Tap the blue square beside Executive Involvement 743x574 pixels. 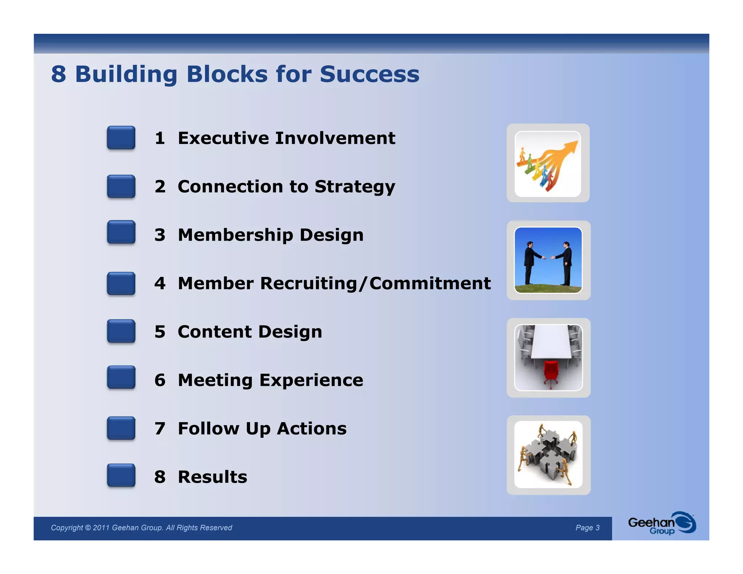pos(121,138)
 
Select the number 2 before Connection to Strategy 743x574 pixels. pos(160,186)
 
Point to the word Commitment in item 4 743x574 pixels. pos(430,283)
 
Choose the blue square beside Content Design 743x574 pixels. pos(121,331)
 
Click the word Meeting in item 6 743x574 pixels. pos(215,380)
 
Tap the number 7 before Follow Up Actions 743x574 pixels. pos(160,429)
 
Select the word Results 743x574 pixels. pos(212,477)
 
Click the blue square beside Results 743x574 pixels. pos(121,475)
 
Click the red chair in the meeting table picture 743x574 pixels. pos(551,372)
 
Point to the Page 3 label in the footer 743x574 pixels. pos(587,528)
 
